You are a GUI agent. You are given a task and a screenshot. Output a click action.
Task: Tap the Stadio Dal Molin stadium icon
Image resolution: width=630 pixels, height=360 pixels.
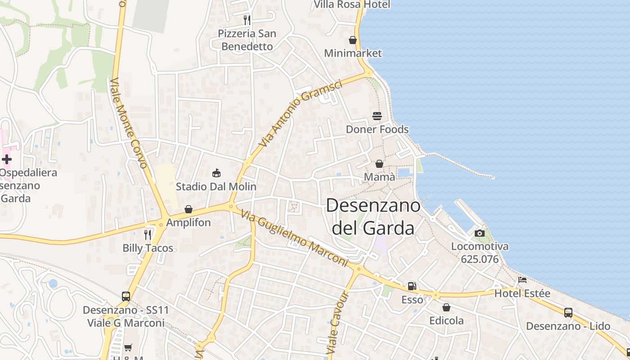216,173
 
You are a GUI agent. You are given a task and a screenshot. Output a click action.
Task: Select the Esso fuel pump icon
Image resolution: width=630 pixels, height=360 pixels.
412,286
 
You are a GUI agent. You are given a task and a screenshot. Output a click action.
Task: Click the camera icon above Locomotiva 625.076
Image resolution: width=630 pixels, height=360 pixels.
480,233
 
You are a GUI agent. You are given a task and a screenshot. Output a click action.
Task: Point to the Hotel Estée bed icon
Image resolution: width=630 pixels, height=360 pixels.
522,280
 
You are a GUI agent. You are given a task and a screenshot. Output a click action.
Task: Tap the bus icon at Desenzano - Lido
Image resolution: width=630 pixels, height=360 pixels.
568,313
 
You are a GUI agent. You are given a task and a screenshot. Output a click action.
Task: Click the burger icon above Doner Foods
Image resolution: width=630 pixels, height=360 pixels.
377,116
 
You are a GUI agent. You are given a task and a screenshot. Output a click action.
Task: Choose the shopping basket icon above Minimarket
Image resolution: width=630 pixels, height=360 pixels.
353,40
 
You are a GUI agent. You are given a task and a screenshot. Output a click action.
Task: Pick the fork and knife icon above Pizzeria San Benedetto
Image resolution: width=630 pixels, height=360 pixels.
247,20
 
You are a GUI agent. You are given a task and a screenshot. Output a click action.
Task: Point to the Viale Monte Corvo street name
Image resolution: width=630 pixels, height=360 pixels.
129,123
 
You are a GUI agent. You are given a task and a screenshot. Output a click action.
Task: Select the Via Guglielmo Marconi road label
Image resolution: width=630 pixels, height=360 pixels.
295,238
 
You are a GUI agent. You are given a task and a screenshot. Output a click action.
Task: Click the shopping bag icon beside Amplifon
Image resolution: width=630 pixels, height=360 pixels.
189,209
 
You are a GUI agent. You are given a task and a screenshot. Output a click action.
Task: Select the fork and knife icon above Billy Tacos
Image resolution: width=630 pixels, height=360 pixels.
148,234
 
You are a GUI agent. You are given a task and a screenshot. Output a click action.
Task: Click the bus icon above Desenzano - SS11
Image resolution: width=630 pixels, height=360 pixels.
126,297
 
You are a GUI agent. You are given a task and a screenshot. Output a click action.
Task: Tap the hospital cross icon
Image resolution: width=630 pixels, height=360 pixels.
7,159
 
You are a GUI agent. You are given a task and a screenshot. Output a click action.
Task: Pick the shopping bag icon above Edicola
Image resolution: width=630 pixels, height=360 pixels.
446,307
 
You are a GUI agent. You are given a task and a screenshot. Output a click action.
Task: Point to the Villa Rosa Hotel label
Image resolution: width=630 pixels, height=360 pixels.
352,4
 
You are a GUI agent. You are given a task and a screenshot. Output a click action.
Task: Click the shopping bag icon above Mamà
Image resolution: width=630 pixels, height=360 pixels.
379,164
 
